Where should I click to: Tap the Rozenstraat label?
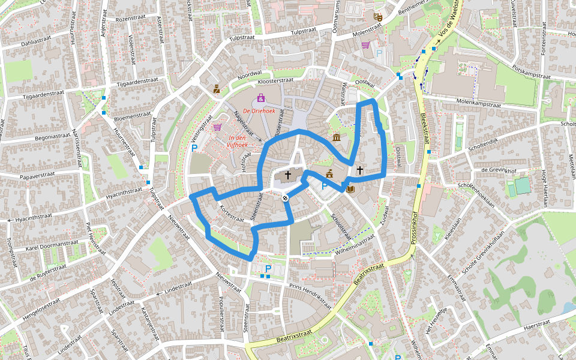[x=131, y=19]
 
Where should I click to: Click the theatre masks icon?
[x=377, y=17]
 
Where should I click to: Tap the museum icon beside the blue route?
[x=336, y=138]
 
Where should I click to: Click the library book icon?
[x=350, y=189]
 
